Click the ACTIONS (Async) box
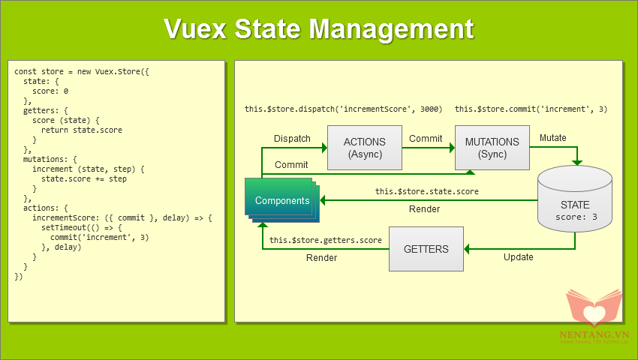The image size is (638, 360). click(x=364, y=147)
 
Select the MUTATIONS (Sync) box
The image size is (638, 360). click(x=492, y=147)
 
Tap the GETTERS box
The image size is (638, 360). click(x=426, y=249)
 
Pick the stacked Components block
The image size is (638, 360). click(x=281, y=200)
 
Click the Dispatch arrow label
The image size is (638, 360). click(x=292, y=139)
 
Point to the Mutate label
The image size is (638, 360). click(x=553, y=138)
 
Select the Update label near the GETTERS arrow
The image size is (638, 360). click(x=518, y=257)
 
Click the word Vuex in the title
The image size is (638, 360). click(x=196, y=28)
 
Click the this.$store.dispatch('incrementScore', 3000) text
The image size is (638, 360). click(x=343, y=109)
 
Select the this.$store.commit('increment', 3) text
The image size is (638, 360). click(x=531, y=109)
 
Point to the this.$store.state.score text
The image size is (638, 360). click(x=426, y=192)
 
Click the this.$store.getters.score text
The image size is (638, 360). click(x=325, y=240)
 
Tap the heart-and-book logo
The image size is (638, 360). click(x=593, y=310)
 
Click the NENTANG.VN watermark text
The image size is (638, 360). click(x=594, y=335)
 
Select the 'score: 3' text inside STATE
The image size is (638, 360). click(x=575, y=217)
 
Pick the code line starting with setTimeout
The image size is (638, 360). click(x=82, y=227)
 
